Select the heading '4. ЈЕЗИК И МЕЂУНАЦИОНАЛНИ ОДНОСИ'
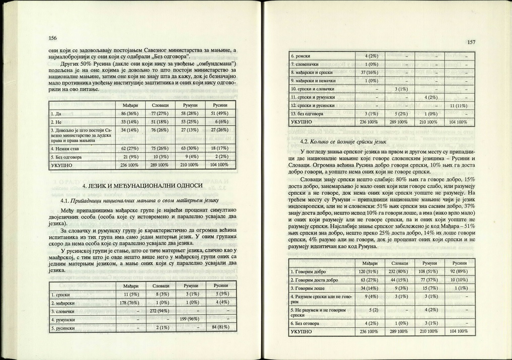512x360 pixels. [143, 187]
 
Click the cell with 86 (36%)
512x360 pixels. [124, 114]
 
